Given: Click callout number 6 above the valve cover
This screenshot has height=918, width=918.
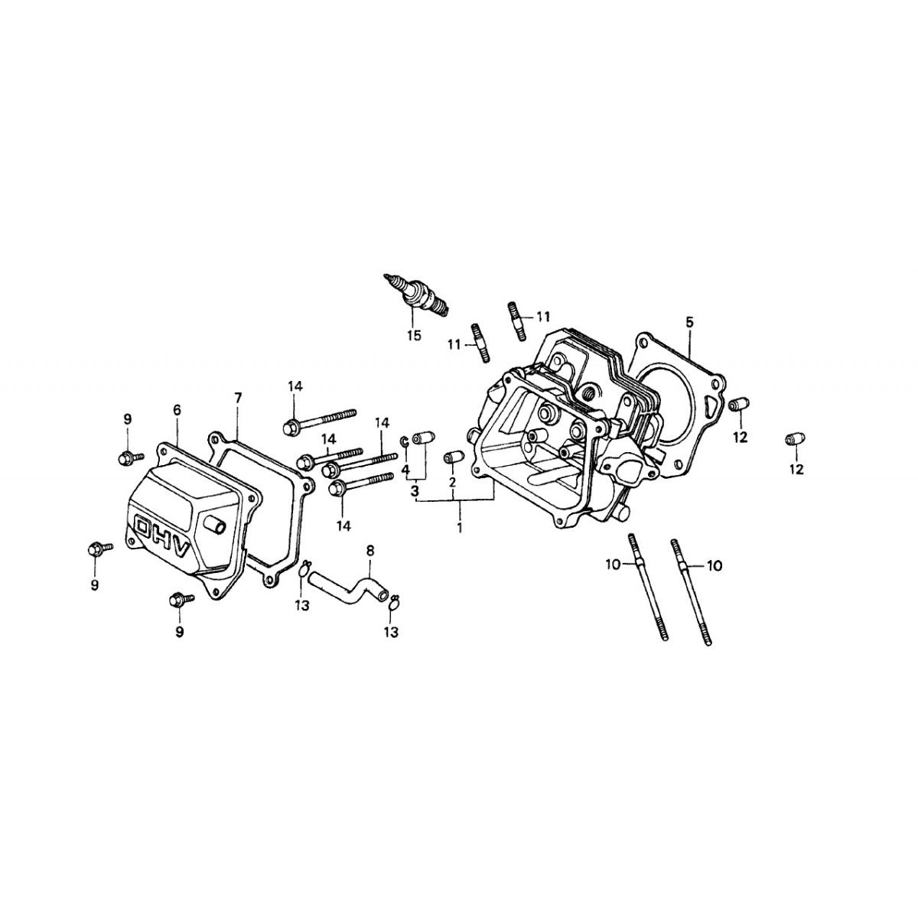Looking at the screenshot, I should tap(177, 410).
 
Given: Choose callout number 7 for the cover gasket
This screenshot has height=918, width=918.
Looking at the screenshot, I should tap(237, 398).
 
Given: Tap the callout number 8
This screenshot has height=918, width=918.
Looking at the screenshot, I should tap(370, 550).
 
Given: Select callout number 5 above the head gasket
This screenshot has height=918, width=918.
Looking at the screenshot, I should tap(689, 323).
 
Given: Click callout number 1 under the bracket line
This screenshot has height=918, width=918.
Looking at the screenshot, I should tap(460, 528).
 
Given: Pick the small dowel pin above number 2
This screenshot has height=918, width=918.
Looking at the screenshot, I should tap(451, 457).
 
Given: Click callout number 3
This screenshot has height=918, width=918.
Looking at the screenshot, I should tap(415, 490).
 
